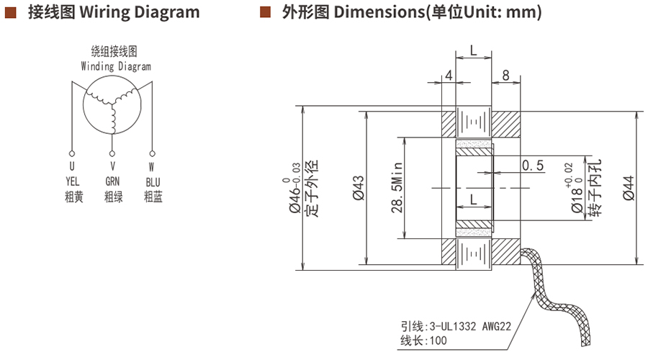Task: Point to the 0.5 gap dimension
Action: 532,166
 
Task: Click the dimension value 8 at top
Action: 505,75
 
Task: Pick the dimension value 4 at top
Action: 448,75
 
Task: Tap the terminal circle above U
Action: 71,153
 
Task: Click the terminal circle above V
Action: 112,153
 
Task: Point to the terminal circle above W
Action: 151,153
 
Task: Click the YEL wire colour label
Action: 71,181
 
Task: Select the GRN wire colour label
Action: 112,181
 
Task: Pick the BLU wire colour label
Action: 152,181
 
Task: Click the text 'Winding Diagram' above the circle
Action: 115,66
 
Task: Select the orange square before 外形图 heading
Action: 264,12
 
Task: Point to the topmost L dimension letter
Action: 473,50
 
